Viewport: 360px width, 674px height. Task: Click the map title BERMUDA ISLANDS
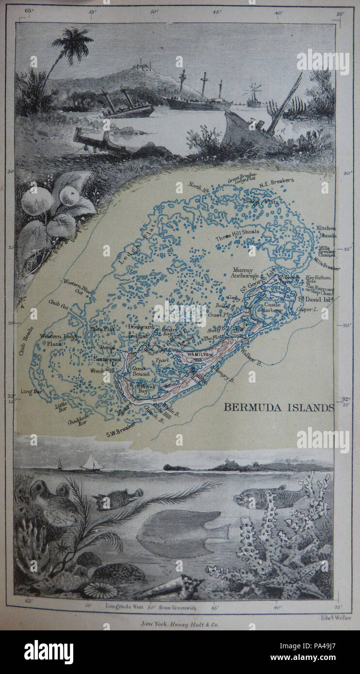(x=278, y=407)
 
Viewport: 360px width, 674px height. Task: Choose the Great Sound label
(x=141, y=371)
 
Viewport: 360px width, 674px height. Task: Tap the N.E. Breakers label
(x=277, y=181)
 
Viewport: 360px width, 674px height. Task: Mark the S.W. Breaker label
(x=121, y=434)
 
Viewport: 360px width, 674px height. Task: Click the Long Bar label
(x=31, y=391)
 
